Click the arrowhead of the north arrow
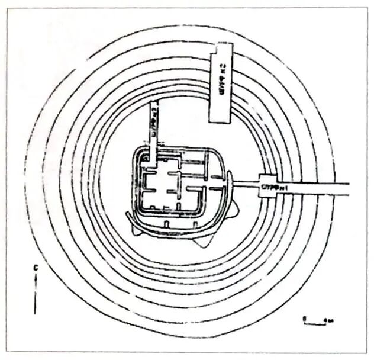click(36, 279)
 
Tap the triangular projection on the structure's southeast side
click(204, 240)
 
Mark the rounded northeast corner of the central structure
click(220, 156)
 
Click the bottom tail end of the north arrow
click(36, 313)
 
